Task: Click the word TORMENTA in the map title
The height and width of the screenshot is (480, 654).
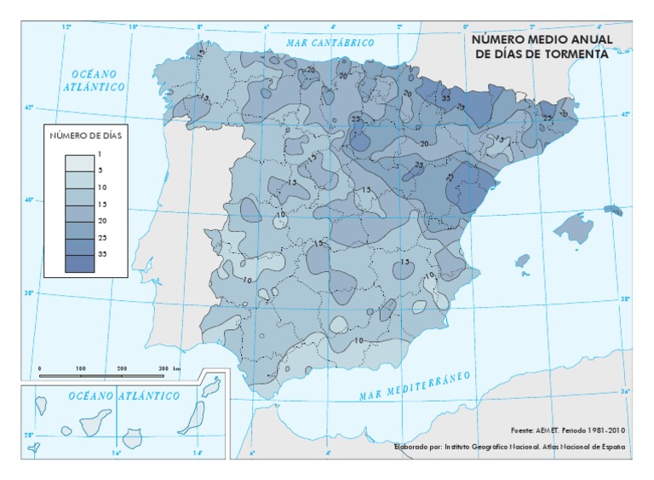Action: [x=577, y=53]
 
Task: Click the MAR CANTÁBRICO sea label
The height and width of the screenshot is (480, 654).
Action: [x=331, y=41]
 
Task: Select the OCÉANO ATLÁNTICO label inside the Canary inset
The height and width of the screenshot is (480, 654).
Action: [x=124, y=396]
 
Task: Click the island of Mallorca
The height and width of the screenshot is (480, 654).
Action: [x=572, y=228]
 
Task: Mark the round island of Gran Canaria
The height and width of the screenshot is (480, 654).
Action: [x=132, y=438]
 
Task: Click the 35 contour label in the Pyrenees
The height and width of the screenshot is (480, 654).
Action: [x=445, y=97]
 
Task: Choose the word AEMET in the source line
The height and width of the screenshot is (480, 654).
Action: [x=542, y=431]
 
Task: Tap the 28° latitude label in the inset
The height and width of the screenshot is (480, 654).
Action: [x=27, y=436]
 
